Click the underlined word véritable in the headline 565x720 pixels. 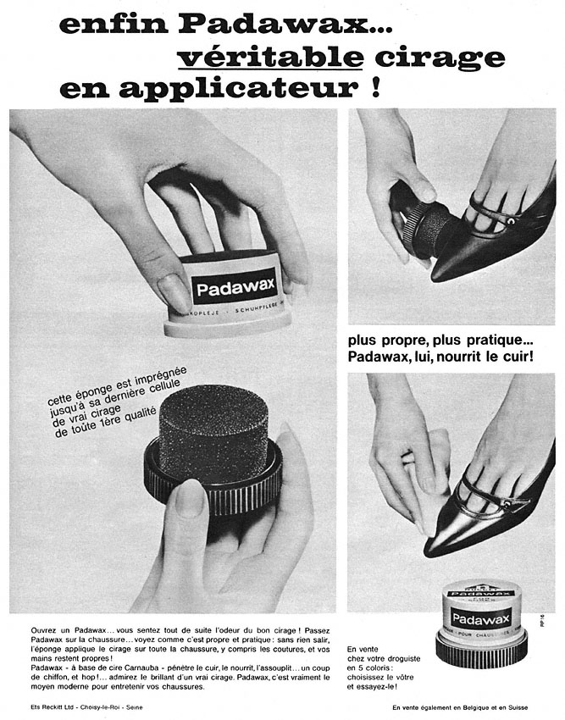270,57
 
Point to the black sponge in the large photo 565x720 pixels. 213,432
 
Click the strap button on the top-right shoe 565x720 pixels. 511,220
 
